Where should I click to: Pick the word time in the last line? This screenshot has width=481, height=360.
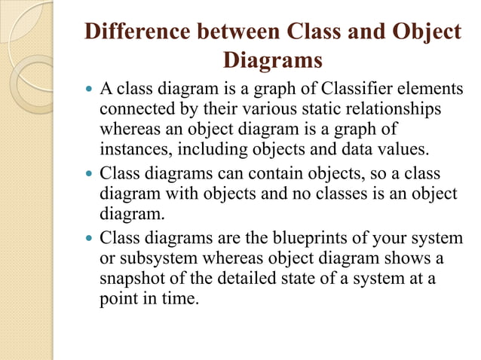tap(180, 297)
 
